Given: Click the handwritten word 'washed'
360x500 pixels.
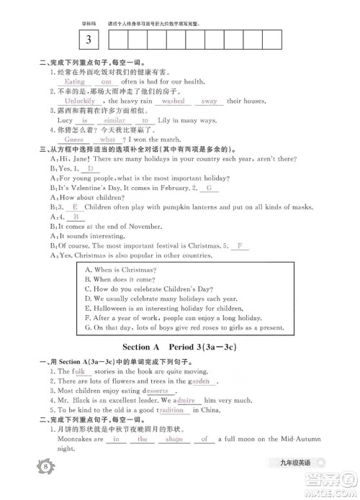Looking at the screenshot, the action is (173, 101).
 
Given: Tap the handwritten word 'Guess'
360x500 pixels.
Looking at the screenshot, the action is (64, 140).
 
